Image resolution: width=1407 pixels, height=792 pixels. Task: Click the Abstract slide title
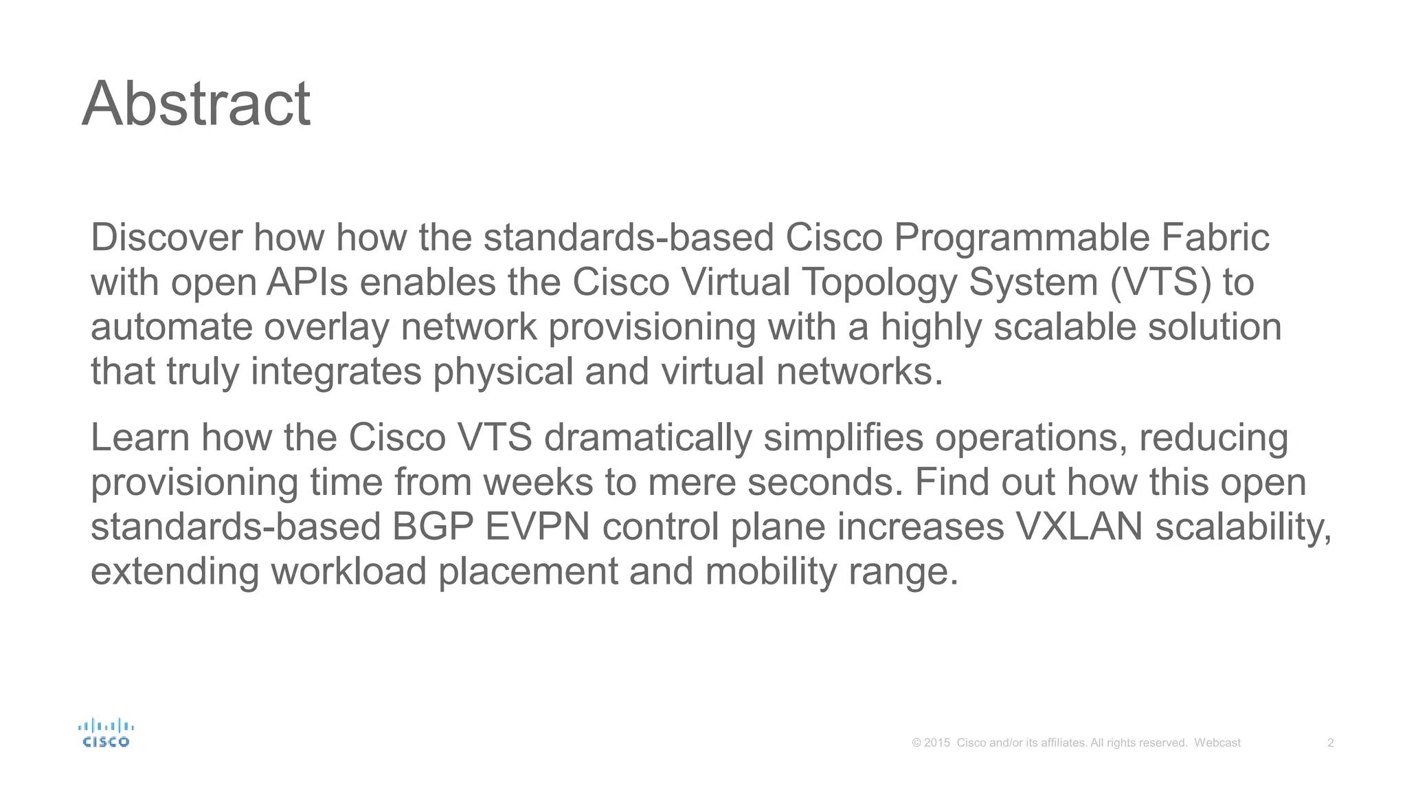[x=196, y=104]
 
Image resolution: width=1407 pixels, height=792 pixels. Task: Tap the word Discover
[x=166, y=237]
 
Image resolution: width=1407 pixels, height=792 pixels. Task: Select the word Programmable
[x=1022, y=239]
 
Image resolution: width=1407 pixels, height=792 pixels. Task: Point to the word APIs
[x=307, y=283]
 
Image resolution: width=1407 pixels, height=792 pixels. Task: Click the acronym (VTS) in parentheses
[x=1160, y=283]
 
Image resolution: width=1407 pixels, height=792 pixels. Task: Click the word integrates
[x=336, y=373]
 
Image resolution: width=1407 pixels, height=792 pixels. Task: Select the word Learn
[x=140, y=437]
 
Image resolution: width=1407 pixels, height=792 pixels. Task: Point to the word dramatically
[x=648, y=439]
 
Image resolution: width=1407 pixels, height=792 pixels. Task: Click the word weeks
[x=538, y=482]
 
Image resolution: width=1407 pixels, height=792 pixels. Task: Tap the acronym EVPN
[x=537, y=527]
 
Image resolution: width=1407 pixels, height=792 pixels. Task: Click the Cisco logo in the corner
[x=106, y=733]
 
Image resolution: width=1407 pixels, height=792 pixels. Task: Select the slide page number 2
[x=1331, y=742]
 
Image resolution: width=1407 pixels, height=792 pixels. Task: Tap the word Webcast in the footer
[x=1217, y=742]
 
